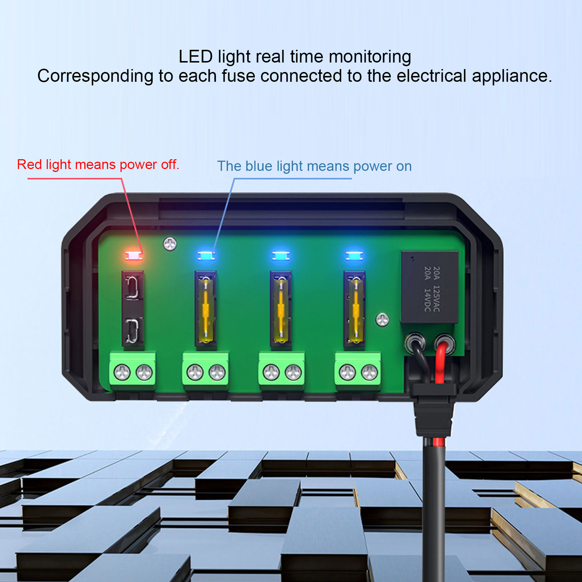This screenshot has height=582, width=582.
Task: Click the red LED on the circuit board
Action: [133, 256]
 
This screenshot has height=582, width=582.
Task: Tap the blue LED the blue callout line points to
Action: [206, 256]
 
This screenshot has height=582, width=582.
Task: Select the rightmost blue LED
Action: [354, 256]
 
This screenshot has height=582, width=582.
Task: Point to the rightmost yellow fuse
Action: [355, 310]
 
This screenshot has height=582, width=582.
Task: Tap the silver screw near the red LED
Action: [170, 244]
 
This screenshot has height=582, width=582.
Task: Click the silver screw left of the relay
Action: [382, 320]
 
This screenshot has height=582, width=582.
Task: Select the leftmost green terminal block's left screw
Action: [122, 373]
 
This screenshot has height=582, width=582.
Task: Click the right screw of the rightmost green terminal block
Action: [369, 373]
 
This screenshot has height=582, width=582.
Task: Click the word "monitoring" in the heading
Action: [370, 57]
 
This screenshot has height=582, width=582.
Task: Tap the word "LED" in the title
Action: [196, 57]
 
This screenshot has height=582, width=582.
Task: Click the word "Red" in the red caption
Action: [29, 165]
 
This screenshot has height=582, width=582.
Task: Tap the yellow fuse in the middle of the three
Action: [281, 310]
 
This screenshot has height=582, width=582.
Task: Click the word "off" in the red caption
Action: [169, 165]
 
